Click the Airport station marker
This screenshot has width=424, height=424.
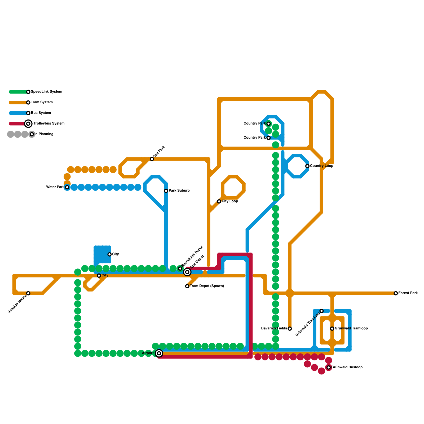[159, 353]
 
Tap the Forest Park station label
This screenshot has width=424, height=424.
[408, 293]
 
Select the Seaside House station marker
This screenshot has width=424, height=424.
[28, 293]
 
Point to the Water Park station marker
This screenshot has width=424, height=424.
[67, 187]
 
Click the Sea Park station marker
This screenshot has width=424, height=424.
[152, 159]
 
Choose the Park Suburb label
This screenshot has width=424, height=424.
[179, 191]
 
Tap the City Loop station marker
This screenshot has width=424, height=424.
[219, 201]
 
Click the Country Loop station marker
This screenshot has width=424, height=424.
[307, 166]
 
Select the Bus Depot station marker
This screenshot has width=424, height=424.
[187, 272]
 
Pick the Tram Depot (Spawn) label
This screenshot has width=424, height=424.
[207, 286]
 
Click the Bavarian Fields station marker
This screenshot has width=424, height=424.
[290, 329]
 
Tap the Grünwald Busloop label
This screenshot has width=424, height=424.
[347, 367]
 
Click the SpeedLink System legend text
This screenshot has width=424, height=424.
[46, 92]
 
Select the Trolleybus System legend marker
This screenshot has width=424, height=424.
[28, 123]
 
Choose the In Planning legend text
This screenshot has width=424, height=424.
[44, 134]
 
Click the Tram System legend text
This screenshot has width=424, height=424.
[42, 102]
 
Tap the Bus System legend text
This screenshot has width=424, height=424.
[41, 113]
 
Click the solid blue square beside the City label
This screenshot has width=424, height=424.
[102, 254]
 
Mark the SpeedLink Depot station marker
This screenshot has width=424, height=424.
[180, 269]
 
